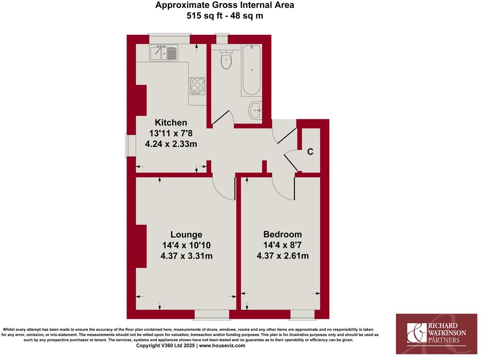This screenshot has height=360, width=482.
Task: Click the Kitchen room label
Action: [171, 122]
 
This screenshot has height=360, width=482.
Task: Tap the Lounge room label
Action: [186, 234]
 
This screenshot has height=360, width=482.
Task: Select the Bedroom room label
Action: [282, 234]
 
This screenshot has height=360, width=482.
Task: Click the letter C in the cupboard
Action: [310, 152]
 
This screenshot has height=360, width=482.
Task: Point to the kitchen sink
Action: [163, 53]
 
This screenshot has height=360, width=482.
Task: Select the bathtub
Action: [251, 70]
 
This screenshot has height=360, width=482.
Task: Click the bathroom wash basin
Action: [255, 110]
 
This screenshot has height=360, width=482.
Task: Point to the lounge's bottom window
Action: [211, 314]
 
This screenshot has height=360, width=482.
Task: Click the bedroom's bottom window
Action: [302, 314]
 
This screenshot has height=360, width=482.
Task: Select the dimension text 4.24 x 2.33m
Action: [171, 144]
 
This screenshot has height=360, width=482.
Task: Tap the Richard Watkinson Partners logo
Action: [436, 333]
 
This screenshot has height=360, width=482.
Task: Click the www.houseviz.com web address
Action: [222, 345]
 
